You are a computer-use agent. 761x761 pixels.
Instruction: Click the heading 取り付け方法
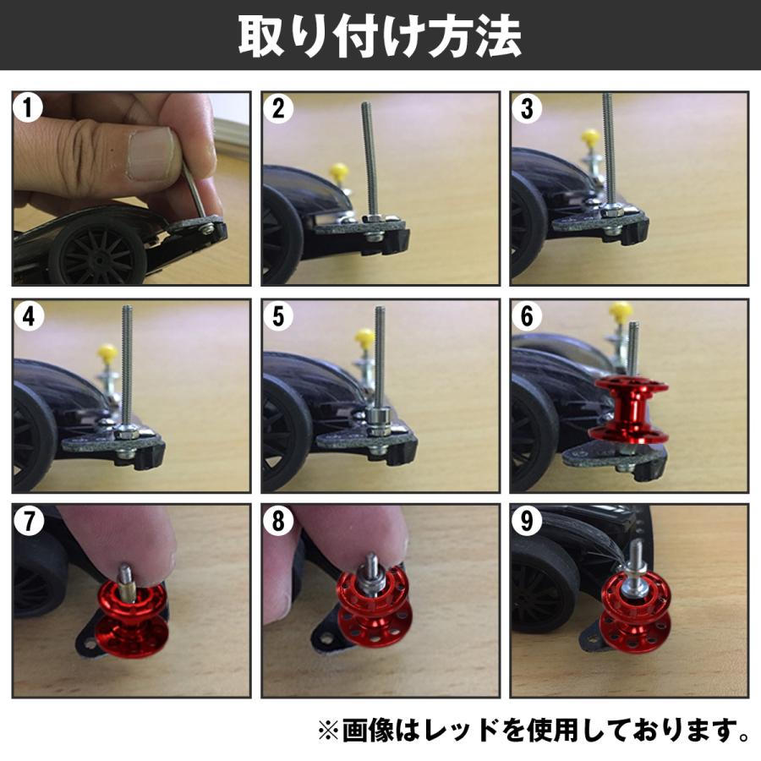[x=380, y=35]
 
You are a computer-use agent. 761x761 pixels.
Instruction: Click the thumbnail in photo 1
[x=153, y=152]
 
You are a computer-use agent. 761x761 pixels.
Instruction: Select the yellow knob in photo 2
[x=340, y=172]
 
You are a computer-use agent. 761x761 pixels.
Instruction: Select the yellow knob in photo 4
[x=107, y=350]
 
